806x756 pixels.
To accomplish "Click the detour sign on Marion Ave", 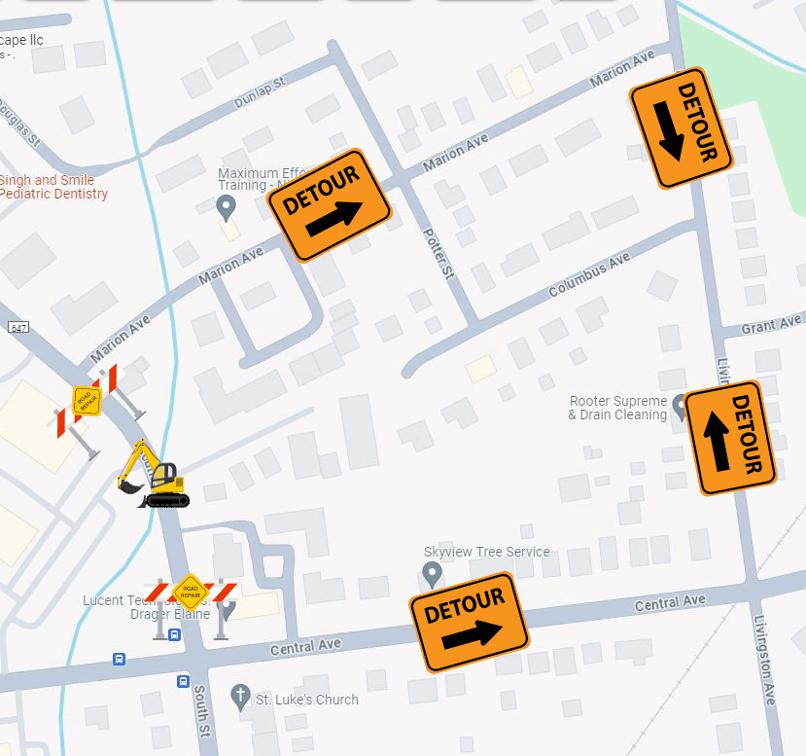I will pos(329,205).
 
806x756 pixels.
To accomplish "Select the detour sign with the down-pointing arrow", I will pos(681,126).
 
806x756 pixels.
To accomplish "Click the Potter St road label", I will pos(438,255).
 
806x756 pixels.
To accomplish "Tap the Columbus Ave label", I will pos(589,275).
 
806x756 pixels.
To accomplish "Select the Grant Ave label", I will pos(772,323).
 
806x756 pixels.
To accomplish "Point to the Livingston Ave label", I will pos(762,663).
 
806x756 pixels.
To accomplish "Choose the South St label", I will pos(200,707).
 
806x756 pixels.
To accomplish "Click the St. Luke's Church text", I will pos(306,700).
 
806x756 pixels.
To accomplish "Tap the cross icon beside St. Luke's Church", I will pos(240,698).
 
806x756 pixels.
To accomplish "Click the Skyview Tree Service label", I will pos(486,552).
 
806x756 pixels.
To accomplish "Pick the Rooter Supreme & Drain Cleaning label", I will pos(618,408).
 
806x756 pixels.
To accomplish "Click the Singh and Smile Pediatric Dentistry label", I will pos(53,187).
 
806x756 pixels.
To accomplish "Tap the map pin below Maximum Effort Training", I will pos(227,206).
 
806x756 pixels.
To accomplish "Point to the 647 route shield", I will pos(18,328).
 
